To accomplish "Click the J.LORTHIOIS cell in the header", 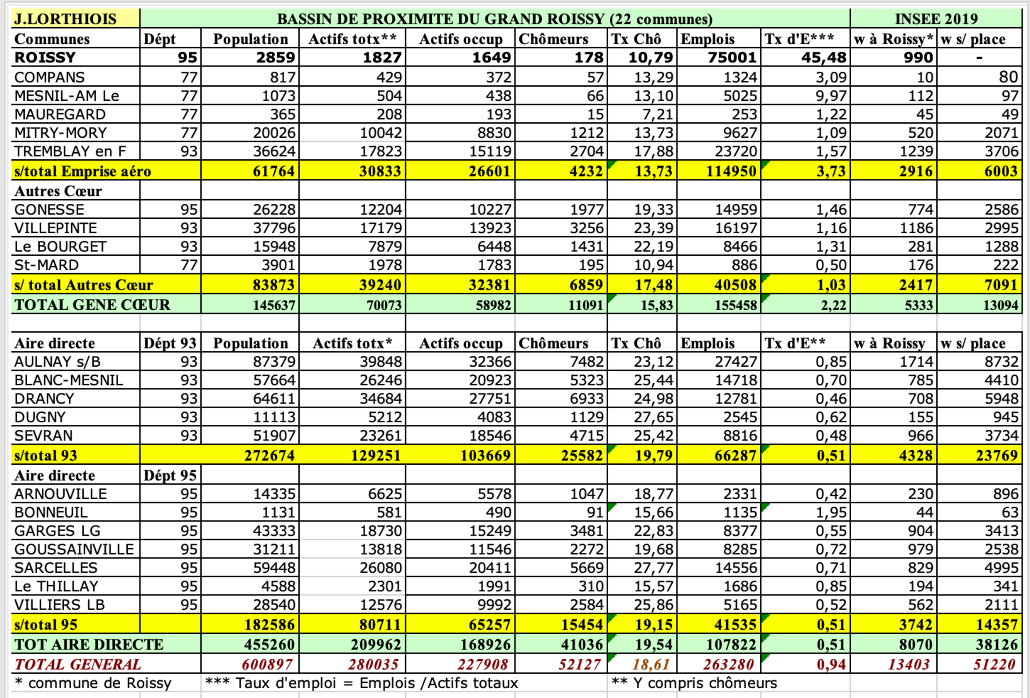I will (x=66, y=19).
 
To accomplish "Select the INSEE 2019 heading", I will (x=936, y=19).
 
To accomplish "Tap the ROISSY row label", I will (x=45, y=57).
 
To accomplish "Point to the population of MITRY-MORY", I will (x=274, y=133).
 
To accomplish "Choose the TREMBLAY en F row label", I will (x=70, y=151).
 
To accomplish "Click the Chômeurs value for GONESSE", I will (x=587, y=209).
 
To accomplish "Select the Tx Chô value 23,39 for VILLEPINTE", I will (x=654, y=228).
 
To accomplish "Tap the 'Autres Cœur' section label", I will (x=58, y=191).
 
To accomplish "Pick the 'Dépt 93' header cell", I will (x=169, y=343).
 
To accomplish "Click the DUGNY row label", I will (x=40, y=417).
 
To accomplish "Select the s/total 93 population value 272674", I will (x=269, y=455).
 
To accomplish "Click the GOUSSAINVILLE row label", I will (x=74, y=549).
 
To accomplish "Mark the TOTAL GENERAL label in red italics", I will (x=78, y=664).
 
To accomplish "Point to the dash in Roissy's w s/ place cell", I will (x=979, y=58).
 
